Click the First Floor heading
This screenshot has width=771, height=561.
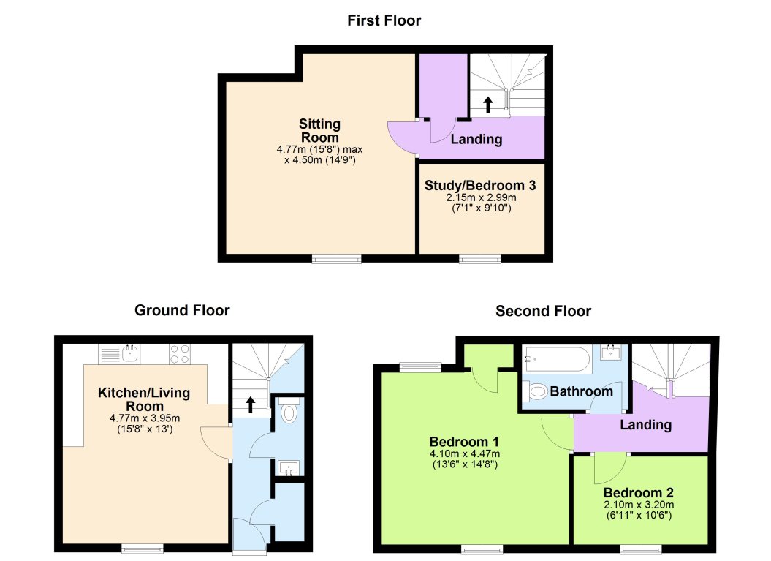(x=384, y=20)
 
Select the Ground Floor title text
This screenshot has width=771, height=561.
(x=182, y=310)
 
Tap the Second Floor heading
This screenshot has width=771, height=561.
(x=543, y=311)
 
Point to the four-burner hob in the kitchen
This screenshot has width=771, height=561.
(x=180, y=354)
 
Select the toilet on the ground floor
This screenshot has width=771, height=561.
(x=289, y=412)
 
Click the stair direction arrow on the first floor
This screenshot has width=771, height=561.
(x=488, y=104)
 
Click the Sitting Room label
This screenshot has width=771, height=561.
(x=319, y=131)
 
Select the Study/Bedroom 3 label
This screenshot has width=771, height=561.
(x=480, y=186)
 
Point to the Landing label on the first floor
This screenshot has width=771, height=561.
(x=476, y=139)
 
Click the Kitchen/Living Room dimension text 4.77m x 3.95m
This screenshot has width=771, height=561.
(x=144, y=418)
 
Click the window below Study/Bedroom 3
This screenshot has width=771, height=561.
(x=480, y=258)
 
